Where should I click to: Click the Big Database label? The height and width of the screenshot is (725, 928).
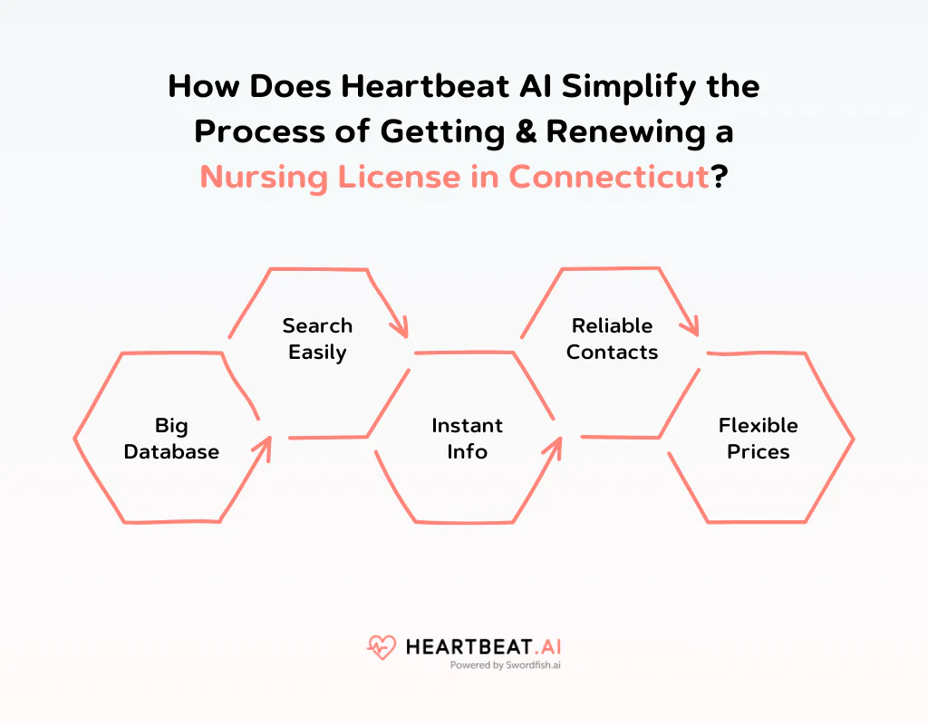171,439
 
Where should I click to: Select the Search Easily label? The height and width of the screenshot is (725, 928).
317,339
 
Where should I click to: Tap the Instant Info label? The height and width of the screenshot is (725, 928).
467,439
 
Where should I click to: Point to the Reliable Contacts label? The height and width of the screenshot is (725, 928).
613,339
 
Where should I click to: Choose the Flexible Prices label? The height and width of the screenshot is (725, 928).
759,439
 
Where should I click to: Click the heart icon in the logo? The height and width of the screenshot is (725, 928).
382,647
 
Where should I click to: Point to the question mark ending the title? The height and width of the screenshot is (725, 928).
720,176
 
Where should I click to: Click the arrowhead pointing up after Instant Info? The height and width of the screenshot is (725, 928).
554,445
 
